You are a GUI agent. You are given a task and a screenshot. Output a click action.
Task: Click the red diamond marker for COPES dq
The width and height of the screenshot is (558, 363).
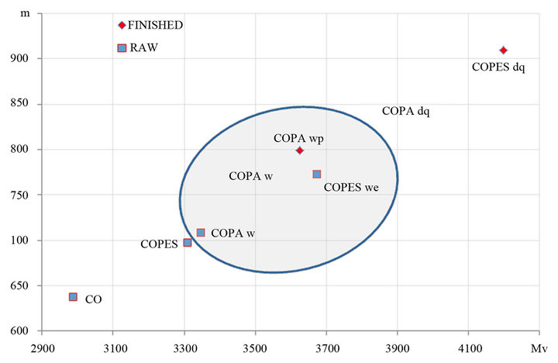pos(503,50)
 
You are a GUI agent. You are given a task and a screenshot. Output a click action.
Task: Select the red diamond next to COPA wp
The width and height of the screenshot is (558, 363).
pos(299,150)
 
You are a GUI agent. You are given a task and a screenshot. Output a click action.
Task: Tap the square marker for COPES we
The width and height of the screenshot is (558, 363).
pos(316,175)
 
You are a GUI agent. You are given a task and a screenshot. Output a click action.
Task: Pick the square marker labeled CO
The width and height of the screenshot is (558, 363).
pos(73,297)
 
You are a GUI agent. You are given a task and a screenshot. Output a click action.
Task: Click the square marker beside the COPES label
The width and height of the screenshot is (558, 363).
pos(188,243)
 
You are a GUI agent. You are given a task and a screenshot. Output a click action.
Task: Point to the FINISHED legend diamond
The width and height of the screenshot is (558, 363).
pos(122,25)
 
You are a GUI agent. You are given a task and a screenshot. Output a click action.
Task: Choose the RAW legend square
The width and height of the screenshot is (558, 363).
pos(122,48)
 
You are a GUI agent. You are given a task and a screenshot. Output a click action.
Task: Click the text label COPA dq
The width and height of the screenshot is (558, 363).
pos(405,112)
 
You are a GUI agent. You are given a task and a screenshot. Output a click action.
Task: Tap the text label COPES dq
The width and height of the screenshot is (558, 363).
pos(498,67)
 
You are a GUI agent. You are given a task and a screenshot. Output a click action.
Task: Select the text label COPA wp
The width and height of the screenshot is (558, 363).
pos(298,138)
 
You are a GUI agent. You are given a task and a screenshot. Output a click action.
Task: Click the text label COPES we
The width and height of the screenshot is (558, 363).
pos(350,187)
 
